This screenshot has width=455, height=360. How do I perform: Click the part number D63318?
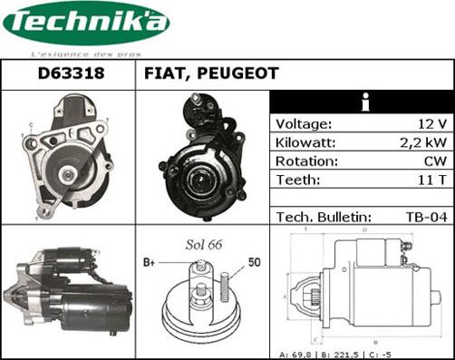(x=67, y=74)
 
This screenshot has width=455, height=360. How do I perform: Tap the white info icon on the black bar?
(x=363, y=102)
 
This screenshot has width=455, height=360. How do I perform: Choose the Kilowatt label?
(x=306, y=143)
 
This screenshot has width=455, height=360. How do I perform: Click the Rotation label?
(x=306, y=161)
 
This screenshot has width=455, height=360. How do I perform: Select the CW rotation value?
(x=433, y=161)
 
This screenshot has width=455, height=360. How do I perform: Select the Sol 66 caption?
(x=204, y=246)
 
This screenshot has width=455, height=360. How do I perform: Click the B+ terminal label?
(x=150, y=263)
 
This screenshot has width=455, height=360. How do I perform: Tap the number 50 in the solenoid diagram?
(x=256, y=262)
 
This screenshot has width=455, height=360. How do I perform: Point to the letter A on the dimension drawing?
(x=285, y=297)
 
